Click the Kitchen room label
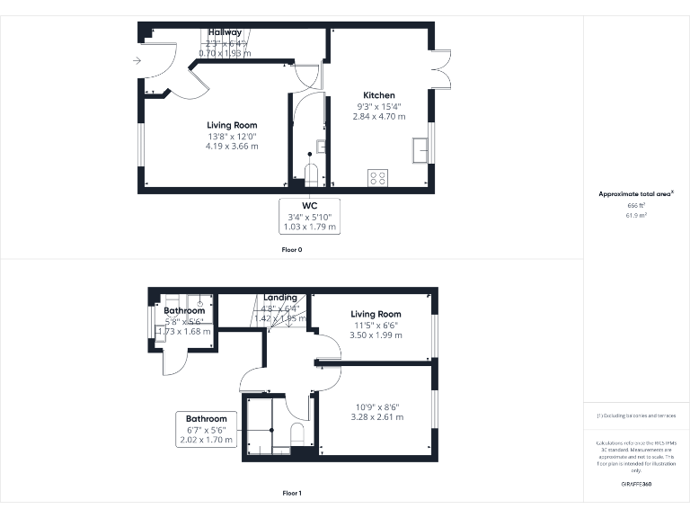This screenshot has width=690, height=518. (x=378, y=95)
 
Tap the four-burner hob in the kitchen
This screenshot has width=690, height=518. (x=376, y=178)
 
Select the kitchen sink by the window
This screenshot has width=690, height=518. (x=420, y=151)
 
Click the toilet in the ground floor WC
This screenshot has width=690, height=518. (x=312, y=173)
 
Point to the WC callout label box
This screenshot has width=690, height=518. (x=310, y=217)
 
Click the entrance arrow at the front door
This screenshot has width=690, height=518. (x=136, y=61)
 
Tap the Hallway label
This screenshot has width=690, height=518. (x=225, y=32)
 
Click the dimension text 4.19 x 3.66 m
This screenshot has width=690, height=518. (x=232, y=146)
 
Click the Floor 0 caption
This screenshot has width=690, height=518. (x=291, y=249)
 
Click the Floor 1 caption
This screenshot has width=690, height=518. (x=291, y=493)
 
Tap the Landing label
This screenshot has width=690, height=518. (x=280, y=298)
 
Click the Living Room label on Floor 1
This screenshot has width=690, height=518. (x=376, y=315)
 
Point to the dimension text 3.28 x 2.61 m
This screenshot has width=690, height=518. (x=376, y=417)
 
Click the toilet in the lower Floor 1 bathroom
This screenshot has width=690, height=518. (x=297, y=436)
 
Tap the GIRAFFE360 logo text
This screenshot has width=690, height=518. (x=637, y=484)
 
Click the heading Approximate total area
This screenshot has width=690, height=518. (x=636, y=194)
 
